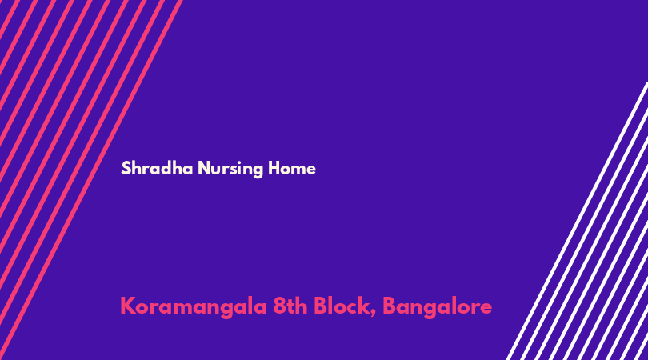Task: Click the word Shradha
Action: tap(157, 168)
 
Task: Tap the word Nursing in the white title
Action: tap(230, 169)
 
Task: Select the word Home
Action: tap(292, 168)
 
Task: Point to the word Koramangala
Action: tap(194, 307)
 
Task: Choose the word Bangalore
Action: tap(438, 307)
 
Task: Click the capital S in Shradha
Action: tap(126, 168)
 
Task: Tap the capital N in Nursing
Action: tap(205, 168)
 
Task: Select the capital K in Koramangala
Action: tap(128, 306)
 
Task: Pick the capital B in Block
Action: tap(321, 306)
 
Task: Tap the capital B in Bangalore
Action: tap(390, 306)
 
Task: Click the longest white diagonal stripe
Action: tap(577, 221)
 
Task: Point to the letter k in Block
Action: tap(364, 306)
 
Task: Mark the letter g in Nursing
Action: tap(258, 171)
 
